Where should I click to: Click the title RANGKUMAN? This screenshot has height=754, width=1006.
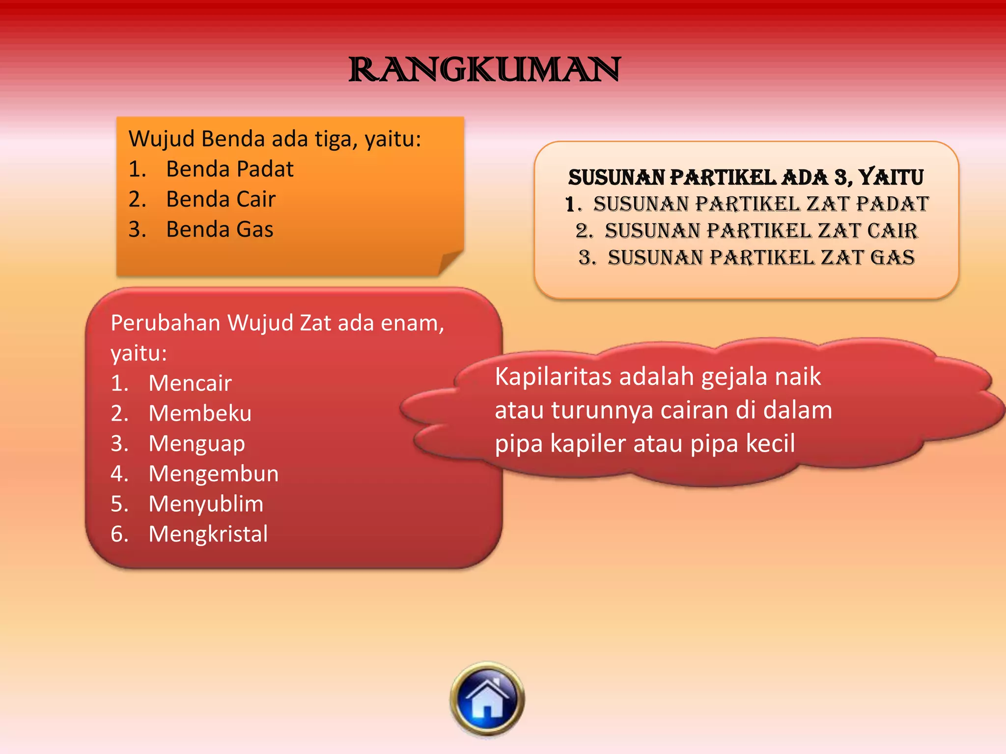coord(484,70)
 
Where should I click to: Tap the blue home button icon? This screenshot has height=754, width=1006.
coord(487,699)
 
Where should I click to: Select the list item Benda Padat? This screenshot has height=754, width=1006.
coord(229,169)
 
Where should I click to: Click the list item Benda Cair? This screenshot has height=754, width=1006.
coord(221,199)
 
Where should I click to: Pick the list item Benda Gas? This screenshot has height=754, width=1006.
coord(220,230)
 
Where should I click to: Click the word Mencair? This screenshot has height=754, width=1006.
coord(190,383)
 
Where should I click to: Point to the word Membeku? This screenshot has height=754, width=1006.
coord(200,413)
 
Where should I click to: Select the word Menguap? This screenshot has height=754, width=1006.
coord(196,444)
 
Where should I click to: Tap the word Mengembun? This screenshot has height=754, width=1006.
coord(214,474)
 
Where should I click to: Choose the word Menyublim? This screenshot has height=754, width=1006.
coord(206,504)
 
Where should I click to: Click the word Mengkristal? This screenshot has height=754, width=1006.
coord(208,534)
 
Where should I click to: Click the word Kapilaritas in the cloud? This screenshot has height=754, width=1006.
coord(553,377)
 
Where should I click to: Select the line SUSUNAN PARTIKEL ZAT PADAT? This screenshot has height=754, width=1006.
coord(760,204)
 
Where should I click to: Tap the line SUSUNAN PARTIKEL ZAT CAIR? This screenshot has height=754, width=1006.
coord(760,231)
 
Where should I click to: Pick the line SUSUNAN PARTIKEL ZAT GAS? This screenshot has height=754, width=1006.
coord(761,258)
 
